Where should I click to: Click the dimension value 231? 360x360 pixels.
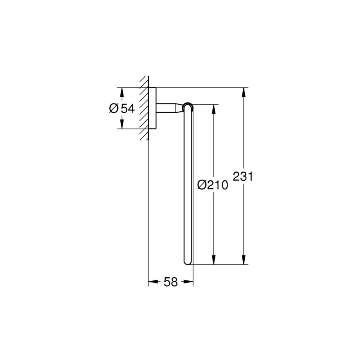pos(243,176)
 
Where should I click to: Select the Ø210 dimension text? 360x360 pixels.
pos(213,185)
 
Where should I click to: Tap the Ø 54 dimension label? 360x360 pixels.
pos(122,108)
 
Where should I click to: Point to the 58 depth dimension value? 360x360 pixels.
pos(170,282)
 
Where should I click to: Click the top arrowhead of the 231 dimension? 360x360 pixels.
pos(244,92)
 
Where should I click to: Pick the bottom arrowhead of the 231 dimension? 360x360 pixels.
pos(244,260)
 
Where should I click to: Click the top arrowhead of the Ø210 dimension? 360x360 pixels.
pos(214,109)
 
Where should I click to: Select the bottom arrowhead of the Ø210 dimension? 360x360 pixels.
pos(214,260)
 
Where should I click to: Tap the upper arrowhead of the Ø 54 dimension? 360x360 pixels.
pos(122,92)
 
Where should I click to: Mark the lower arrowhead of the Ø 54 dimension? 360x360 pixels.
pos(122,124)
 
